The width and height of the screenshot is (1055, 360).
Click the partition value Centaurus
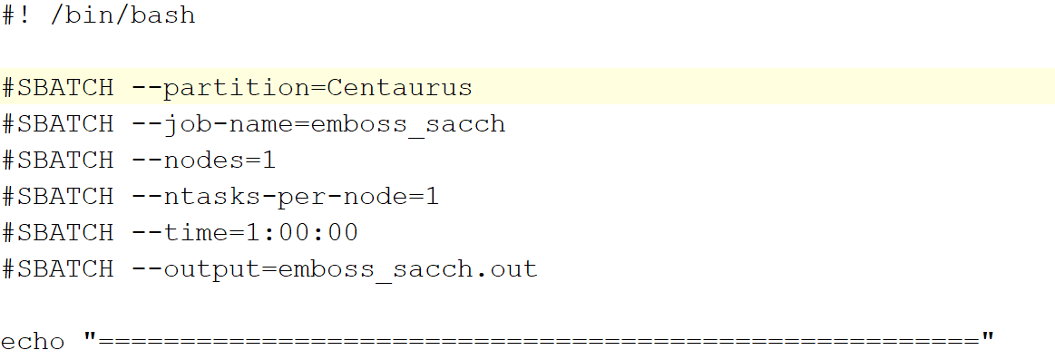pyautogui.click(x=399, y=88)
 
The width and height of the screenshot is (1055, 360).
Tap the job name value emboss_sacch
pyautogui.click(x=407, y=124)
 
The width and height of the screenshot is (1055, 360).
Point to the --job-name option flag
pyautogui.click(x=212, y=124)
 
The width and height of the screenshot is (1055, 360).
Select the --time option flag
pyautogui.click(x=179, y=233)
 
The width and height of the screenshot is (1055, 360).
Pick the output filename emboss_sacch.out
pyautogui.click(x=407, y=269)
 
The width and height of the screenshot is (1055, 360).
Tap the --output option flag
pyautogui.click(x=195, y=269)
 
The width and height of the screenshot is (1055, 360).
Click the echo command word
pyautogui.click(x=33, y=342)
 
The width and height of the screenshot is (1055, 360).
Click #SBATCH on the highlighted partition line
pyautogui.click(x=58, y=88)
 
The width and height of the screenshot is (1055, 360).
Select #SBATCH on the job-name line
pyautogui.click(x=58, y=124)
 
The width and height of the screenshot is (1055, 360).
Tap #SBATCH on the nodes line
pyautogui.click(x=58, y=161)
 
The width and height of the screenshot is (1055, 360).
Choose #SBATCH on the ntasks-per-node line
pyautogui.click(x=58, y=197)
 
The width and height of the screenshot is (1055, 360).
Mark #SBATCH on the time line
pyautogui.click(x=58, y=233)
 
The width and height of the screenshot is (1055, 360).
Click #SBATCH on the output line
pyautogui.click(x=58, y=269)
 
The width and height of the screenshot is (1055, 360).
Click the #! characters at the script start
pyautogui.click(x=16, y=15)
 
